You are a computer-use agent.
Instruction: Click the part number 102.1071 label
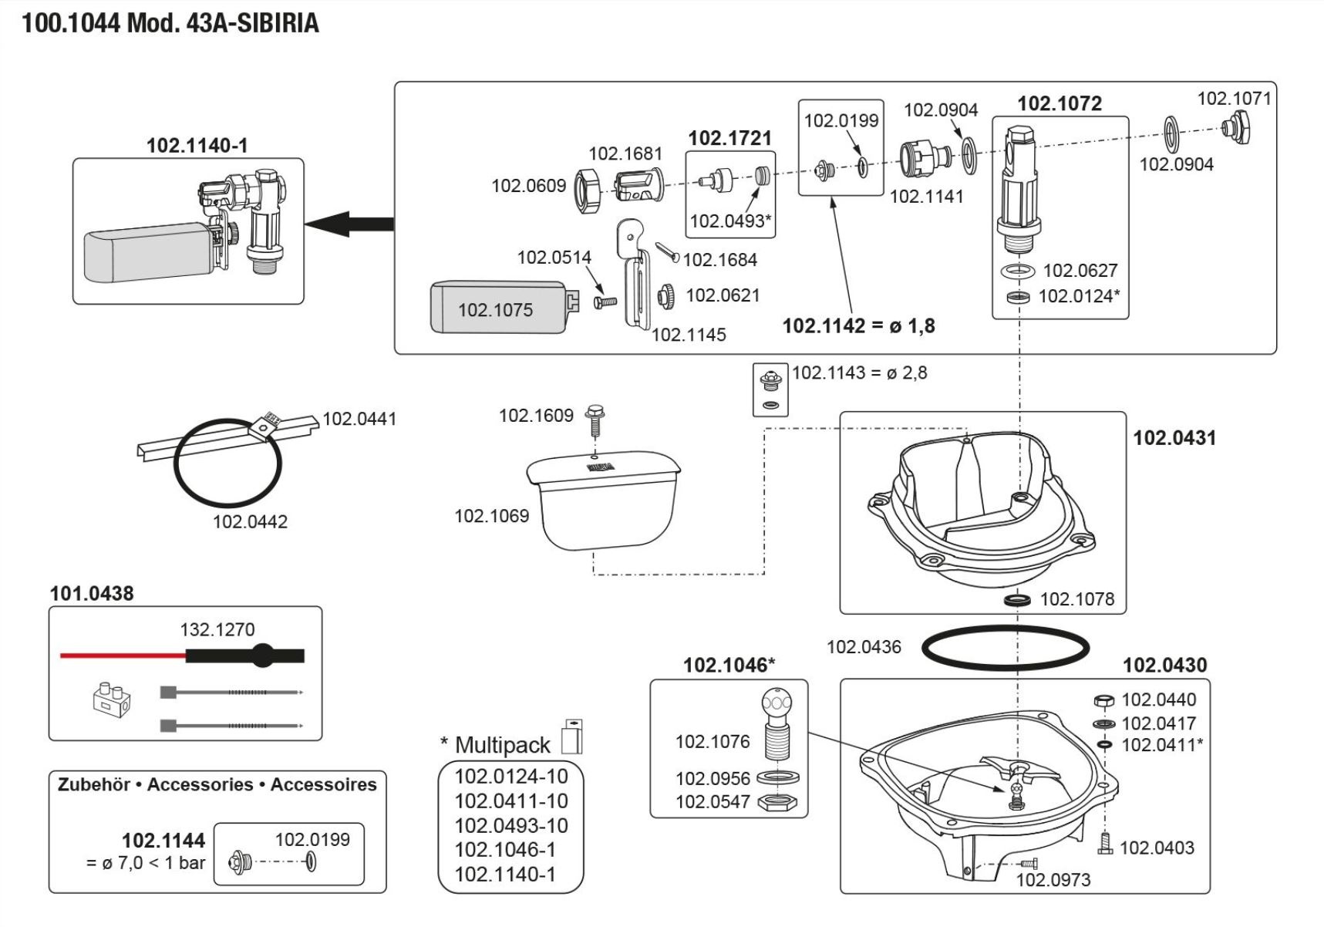[1233, 99]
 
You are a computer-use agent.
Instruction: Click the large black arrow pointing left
[349, 224]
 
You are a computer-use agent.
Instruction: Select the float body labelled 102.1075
[497, 308]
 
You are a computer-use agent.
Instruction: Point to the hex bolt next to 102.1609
[595, 421]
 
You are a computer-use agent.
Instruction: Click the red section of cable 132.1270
[123, 656]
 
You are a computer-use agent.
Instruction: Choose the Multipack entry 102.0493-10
[510, 825]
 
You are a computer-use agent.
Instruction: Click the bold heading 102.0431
[1174, 438]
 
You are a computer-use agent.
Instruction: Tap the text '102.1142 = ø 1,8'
[858, 326]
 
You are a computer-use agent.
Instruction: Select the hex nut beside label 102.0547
[777, 802]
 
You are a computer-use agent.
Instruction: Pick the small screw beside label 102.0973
[1029, 863]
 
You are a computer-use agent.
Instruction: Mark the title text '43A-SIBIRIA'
[252, 23]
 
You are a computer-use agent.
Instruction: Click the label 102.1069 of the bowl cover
[491, 515]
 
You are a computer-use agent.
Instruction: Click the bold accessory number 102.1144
[163, 840]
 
